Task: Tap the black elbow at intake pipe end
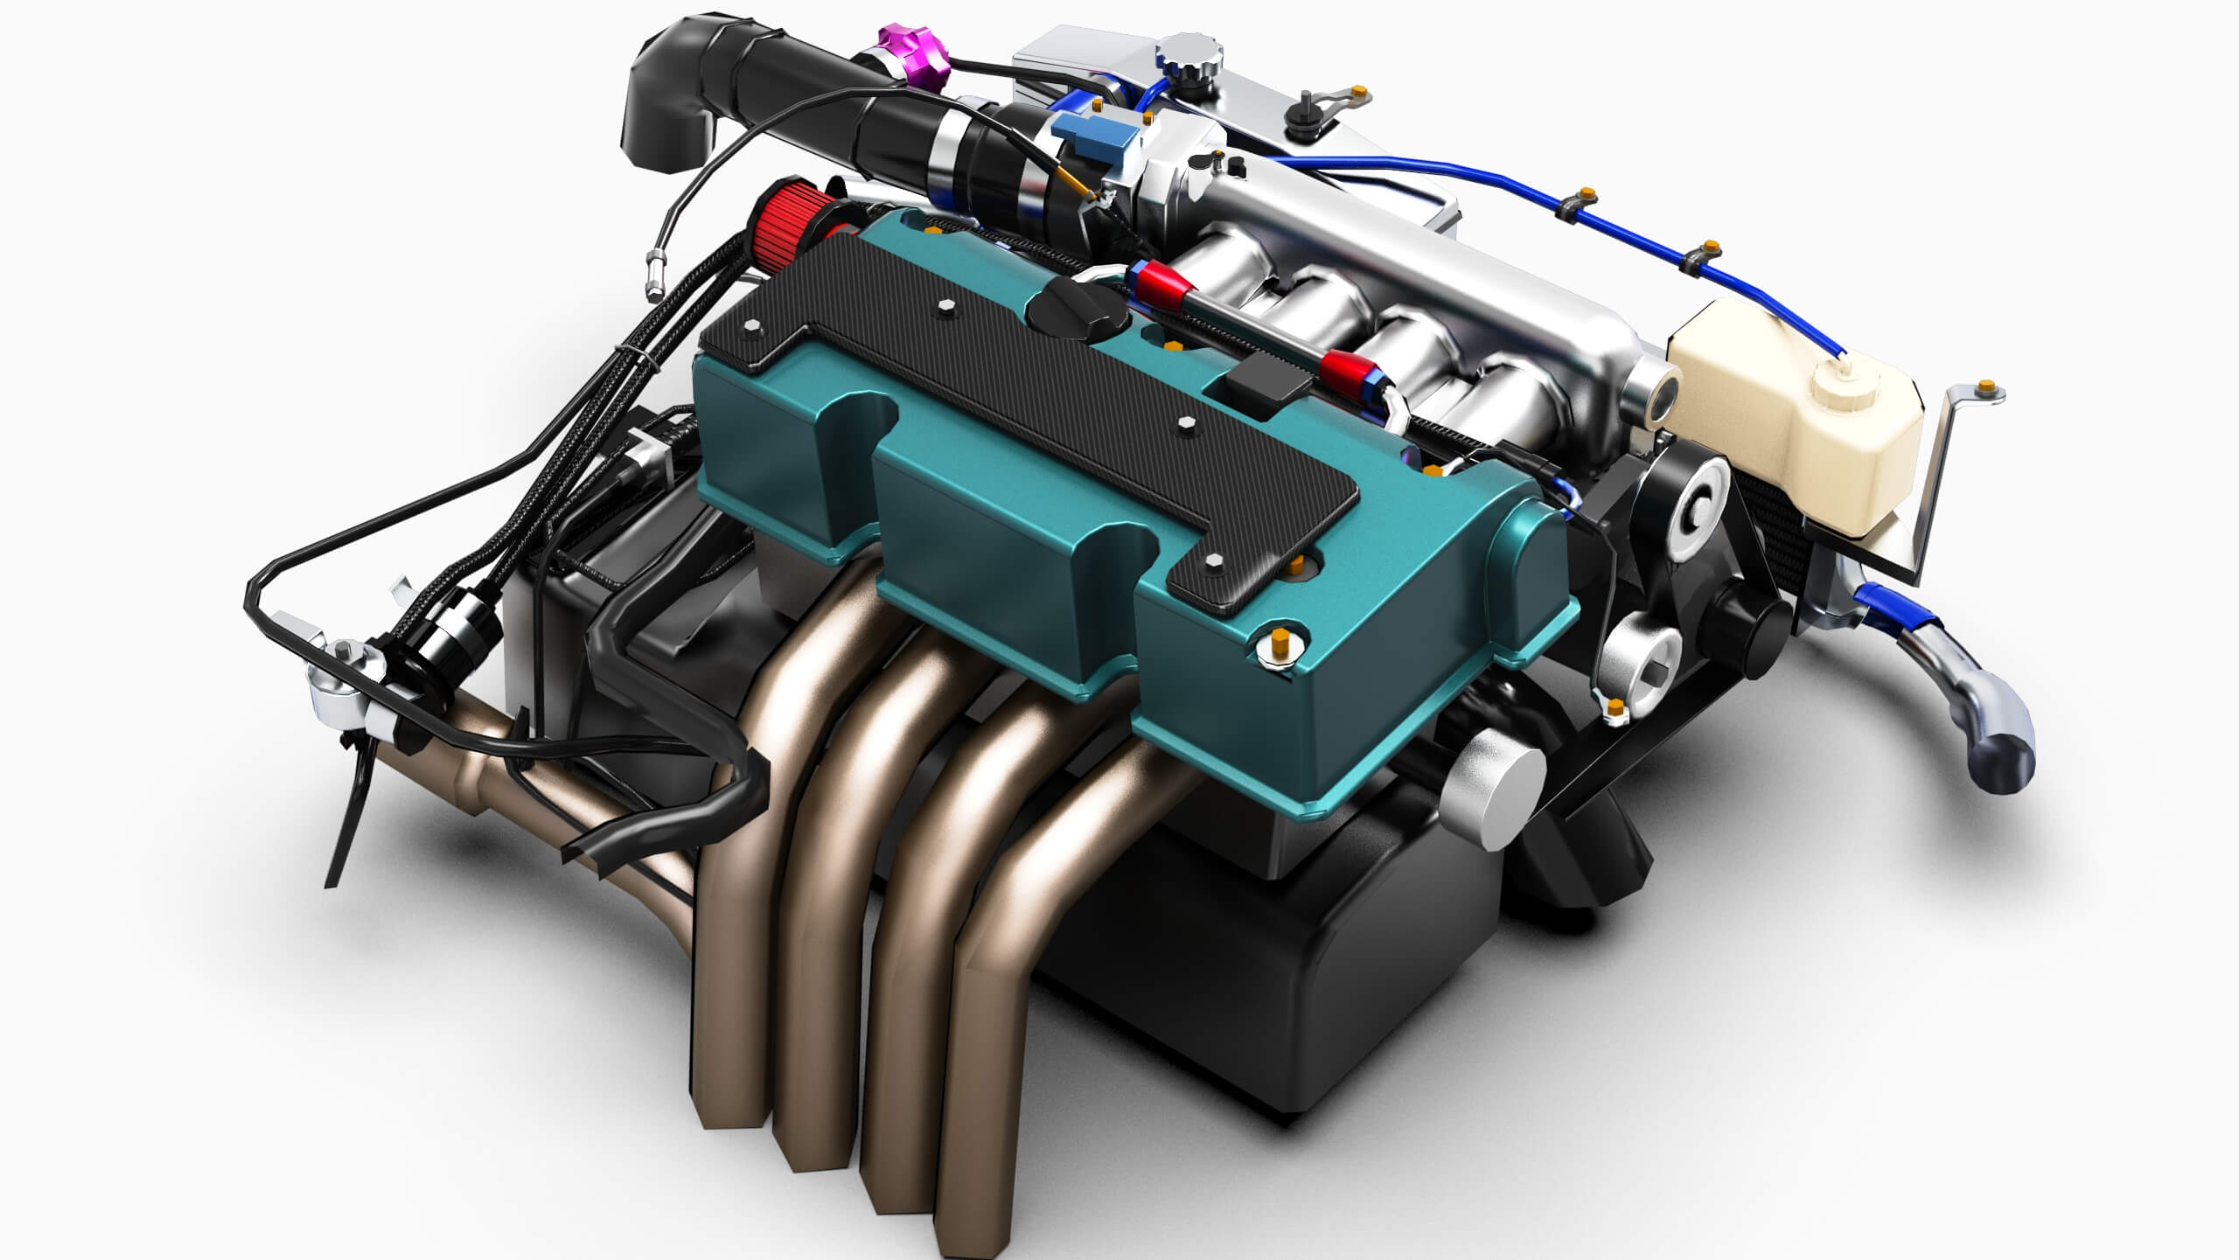pos(669,96)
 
